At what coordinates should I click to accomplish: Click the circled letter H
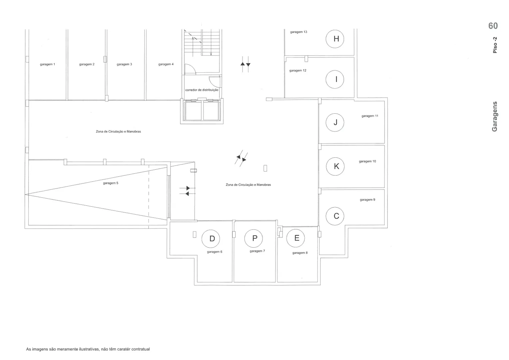click(335, 39)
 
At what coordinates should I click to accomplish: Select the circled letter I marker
click(335, 79)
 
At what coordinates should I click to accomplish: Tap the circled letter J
click(335, 122)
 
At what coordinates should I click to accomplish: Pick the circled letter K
click(335, 166)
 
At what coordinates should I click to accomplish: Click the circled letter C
click(335, 216)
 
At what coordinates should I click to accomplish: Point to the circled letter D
click(211, 239)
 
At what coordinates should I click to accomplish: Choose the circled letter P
click(254, 238)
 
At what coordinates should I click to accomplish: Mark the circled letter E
click(295, 238)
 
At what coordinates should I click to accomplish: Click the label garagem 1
click(48, 64)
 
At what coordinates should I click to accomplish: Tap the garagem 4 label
click(166, 64)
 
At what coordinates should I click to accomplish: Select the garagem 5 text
click(111, 183)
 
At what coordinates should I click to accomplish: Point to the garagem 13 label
click(298, 32)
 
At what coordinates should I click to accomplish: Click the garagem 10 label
click(367, 161)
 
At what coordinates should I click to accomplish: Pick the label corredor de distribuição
click(202, 90)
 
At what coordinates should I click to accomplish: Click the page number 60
click(493, 26)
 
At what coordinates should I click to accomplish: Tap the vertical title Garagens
click(494, 116)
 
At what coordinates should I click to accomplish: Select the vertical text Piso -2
click(495, 45)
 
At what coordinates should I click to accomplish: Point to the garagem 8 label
click(300, 253)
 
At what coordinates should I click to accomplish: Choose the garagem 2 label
click(87, 64)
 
